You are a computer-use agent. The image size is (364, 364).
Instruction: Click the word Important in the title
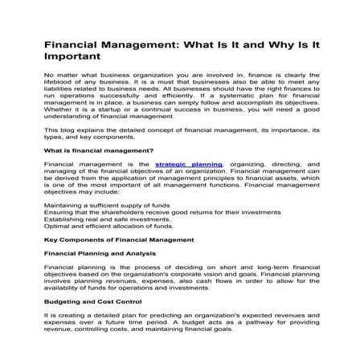coord(73,57)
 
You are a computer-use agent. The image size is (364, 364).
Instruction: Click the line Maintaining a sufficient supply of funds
coord(106,207)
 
